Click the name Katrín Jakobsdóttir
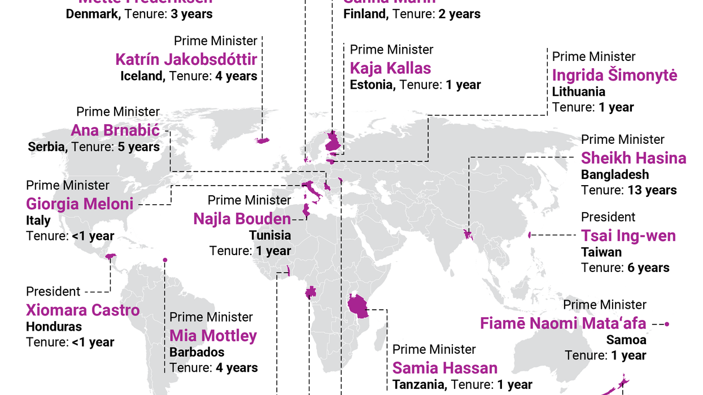click(x=186, y=59)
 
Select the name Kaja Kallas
click(x=390, y=68)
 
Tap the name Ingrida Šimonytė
click(x=614, y=75)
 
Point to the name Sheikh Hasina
click(x=634, y=158)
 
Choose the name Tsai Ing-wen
click(x=628, y=235)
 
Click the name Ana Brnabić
click(x=115, y=130)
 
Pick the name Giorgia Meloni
click(x=80, y=204)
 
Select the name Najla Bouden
click(x=242, y=218)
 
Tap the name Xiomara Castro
click(x=82, y=310)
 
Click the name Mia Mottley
click(x=213, y=336)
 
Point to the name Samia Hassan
click(x=445, y=368)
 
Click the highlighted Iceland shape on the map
click(x=263, y=140)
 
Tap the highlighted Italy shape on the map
click(x=311, y=192)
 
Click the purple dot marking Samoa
click(x=667, y=324)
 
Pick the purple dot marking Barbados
click(x=165, y=260)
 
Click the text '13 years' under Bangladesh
click(x=652, y=190)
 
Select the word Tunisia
click(x=270, y=235)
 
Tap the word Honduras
click(x=54, y=326)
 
